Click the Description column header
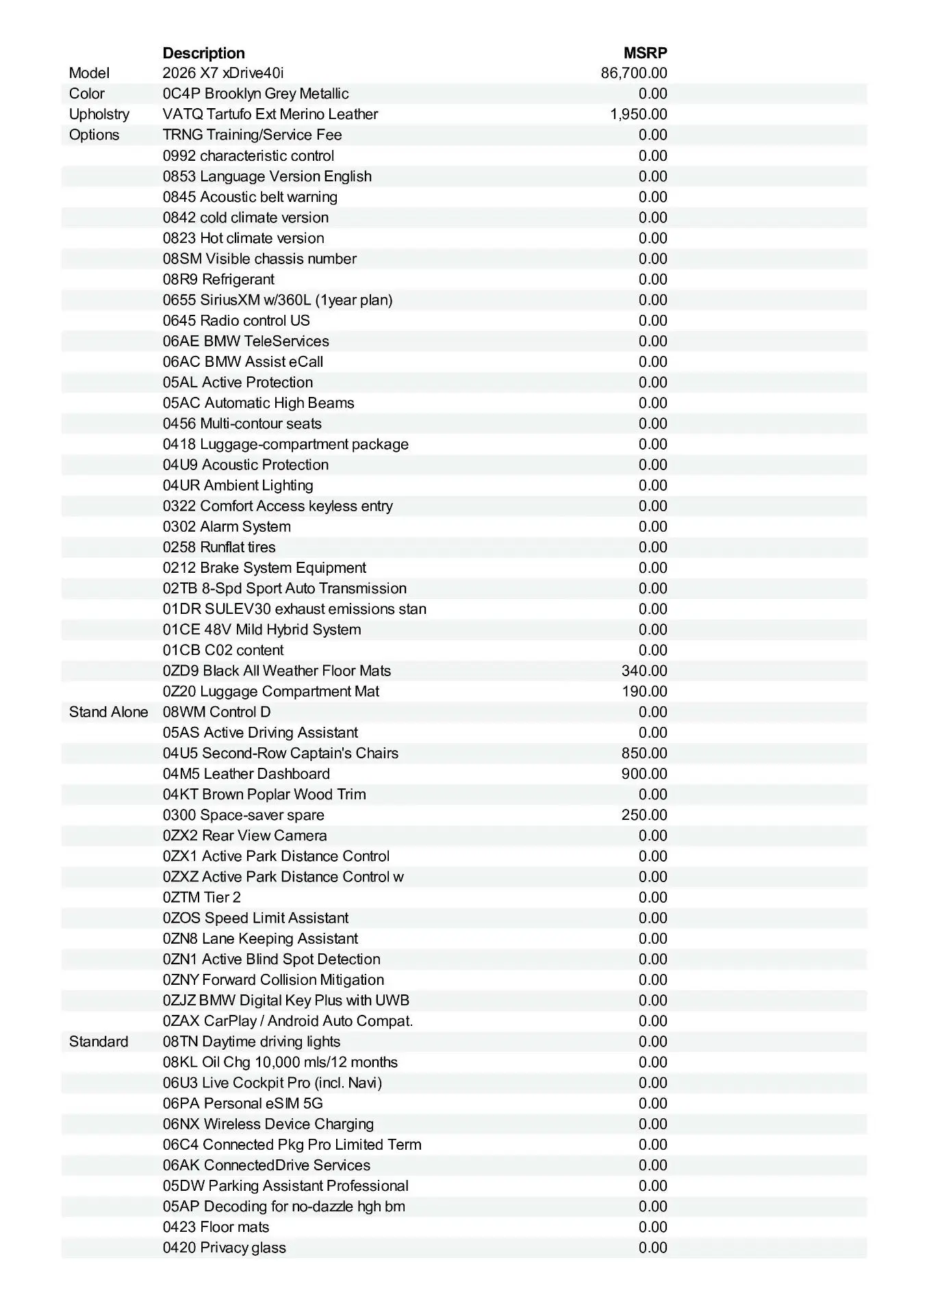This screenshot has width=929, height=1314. click(x=203, y=53)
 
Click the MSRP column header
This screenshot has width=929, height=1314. click(x=645, y=53)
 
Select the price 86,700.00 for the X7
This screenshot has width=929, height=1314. click(x=634, y=73)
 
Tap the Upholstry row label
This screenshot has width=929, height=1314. click(x=99, y=114)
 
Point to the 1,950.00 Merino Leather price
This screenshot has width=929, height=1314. click(x=638, y=114)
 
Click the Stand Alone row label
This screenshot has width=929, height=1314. click(x=108, y=712)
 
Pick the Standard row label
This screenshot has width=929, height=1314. click(x=99, y=1042)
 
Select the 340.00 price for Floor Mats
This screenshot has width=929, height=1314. click(x=644, y=671)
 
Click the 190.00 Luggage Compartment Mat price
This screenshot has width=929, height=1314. click(x=644, y=691)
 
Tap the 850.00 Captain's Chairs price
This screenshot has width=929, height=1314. click(x=644, y=753)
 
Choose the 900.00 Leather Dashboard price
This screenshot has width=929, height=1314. click(x=644, y=774)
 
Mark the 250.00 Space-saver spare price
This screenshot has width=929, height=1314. click(x=644, y=815)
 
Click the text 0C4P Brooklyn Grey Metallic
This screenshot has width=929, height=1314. click(x=255, y=94)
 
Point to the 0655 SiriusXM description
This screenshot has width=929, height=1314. click(x=277, y=300)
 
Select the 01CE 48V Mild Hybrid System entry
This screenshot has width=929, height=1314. click(x=262, y=630)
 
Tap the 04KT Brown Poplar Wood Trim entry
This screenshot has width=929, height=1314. click(x=264, y=795)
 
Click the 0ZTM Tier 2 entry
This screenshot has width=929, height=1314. click(x=202, y=897)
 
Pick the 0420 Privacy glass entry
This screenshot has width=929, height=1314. click(x=224, y=1248)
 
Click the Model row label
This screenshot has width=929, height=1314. click(x=89, y=73)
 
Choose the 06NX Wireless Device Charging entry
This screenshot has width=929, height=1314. click(x=268, y=1124)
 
